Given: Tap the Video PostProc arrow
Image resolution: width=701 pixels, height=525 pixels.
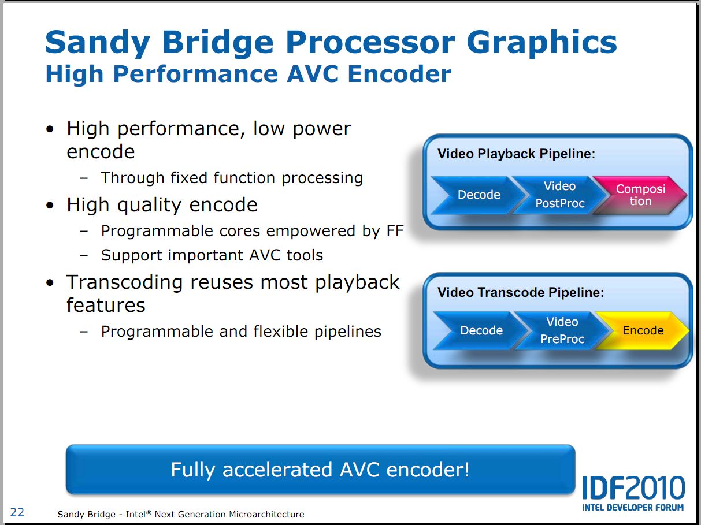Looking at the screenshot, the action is coord(559,195).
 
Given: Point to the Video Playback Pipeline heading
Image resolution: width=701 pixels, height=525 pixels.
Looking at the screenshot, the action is coord(517,154).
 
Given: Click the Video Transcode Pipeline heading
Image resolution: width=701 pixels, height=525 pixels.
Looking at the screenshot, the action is coord(521,292).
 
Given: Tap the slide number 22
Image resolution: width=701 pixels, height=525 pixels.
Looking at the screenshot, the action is coord(17,512).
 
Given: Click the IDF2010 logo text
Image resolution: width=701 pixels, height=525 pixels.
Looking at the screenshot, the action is coord(633,487).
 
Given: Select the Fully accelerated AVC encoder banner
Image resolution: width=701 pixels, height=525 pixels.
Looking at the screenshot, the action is coord(320,470).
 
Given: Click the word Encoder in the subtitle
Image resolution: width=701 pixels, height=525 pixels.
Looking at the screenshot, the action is coord(399,74).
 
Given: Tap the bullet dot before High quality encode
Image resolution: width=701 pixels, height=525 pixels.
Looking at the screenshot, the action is coord(50,205).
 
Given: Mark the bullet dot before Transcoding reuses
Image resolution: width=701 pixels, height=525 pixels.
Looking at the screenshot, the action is coord(50,283).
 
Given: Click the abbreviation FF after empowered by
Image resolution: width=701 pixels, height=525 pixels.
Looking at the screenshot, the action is coord(395,231).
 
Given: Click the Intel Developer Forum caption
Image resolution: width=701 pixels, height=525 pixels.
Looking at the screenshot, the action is coord(633,508).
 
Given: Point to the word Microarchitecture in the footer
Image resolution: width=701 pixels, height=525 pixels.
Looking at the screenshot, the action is coord(266,515).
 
